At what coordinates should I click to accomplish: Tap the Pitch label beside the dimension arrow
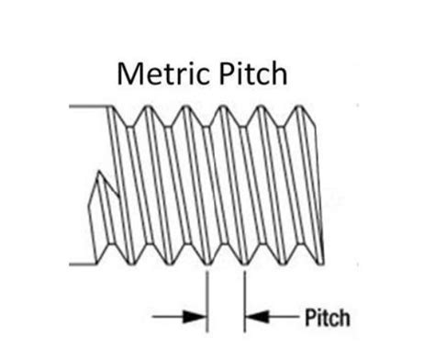326,318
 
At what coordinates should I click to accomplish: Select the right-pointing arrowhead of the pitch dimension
196,318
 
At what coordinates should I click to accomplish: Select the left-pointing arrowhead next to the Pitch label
256,318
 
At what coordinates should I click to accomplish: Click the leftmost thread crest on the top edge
117,107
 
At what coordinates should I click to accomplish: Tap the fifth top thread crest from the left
260,107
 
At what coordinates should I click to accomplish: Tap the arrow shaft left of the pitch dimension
170,318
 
